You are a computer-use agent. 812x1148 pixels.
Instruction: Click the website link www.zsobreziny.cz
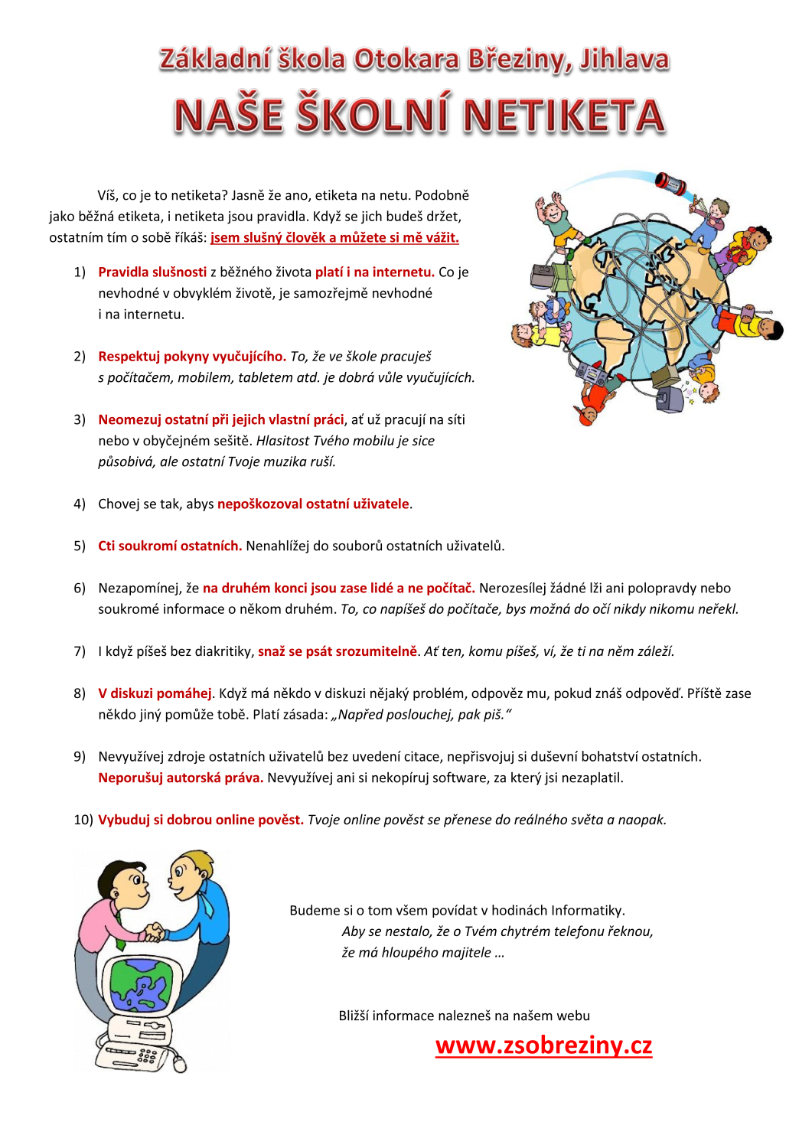[543, 1045]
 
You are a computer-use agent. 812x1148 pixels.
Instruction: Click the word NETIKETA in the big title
[564, 116]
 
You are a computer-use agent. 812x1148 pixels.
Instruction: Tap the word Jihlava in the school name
[624, 60]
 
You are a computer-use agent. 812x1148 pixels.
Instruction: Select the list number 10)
[83, 820]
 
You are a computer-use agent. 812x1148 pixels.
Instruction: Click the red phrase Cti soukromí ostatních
[170, 546]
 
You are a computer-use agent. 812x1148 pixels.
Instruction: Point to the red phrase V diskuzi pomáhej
[155, 693]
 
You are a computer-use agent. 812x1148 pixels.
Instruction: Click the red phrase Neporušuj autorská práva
[181, 778]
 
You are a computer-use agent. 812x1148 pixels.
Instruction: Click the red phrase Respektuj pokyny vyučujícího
[192, 356]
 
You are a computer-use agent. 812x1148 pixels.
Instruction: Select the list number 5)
[80, 546]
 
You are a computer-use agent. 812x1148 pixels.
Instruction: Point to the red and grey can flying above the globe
[670, 184]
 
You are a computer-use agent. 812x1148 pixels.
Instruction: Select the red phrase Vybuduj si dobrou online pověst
[201, 820]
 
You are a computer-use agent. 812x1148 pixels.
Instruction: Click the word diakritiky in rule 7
[223, 651]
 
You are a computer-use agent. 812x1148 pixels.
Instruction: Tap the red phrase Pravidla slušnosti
[152, 272]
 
